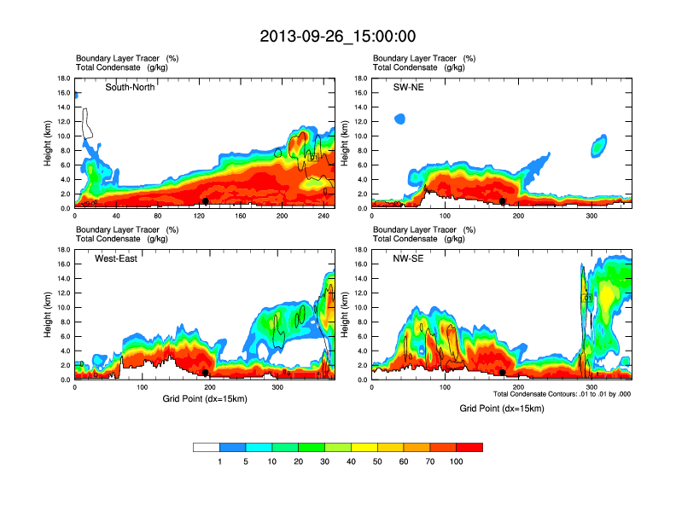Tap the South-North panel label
point(130,87)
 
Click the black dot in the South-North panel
point(205,200)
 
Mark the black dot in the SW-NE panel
point(503,201)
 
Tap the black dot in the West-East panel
point(205,373)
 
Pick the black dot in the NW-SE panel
point(503,373)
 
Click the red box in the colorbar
point(469,447)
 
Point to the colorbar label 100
point(457,461)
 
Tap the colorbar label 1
point(220,461)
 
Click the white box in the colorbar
point(207,447)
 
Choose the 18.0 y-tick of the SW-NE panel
point(360,78)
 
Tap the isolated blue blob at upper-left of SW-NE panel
point(399,119)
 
